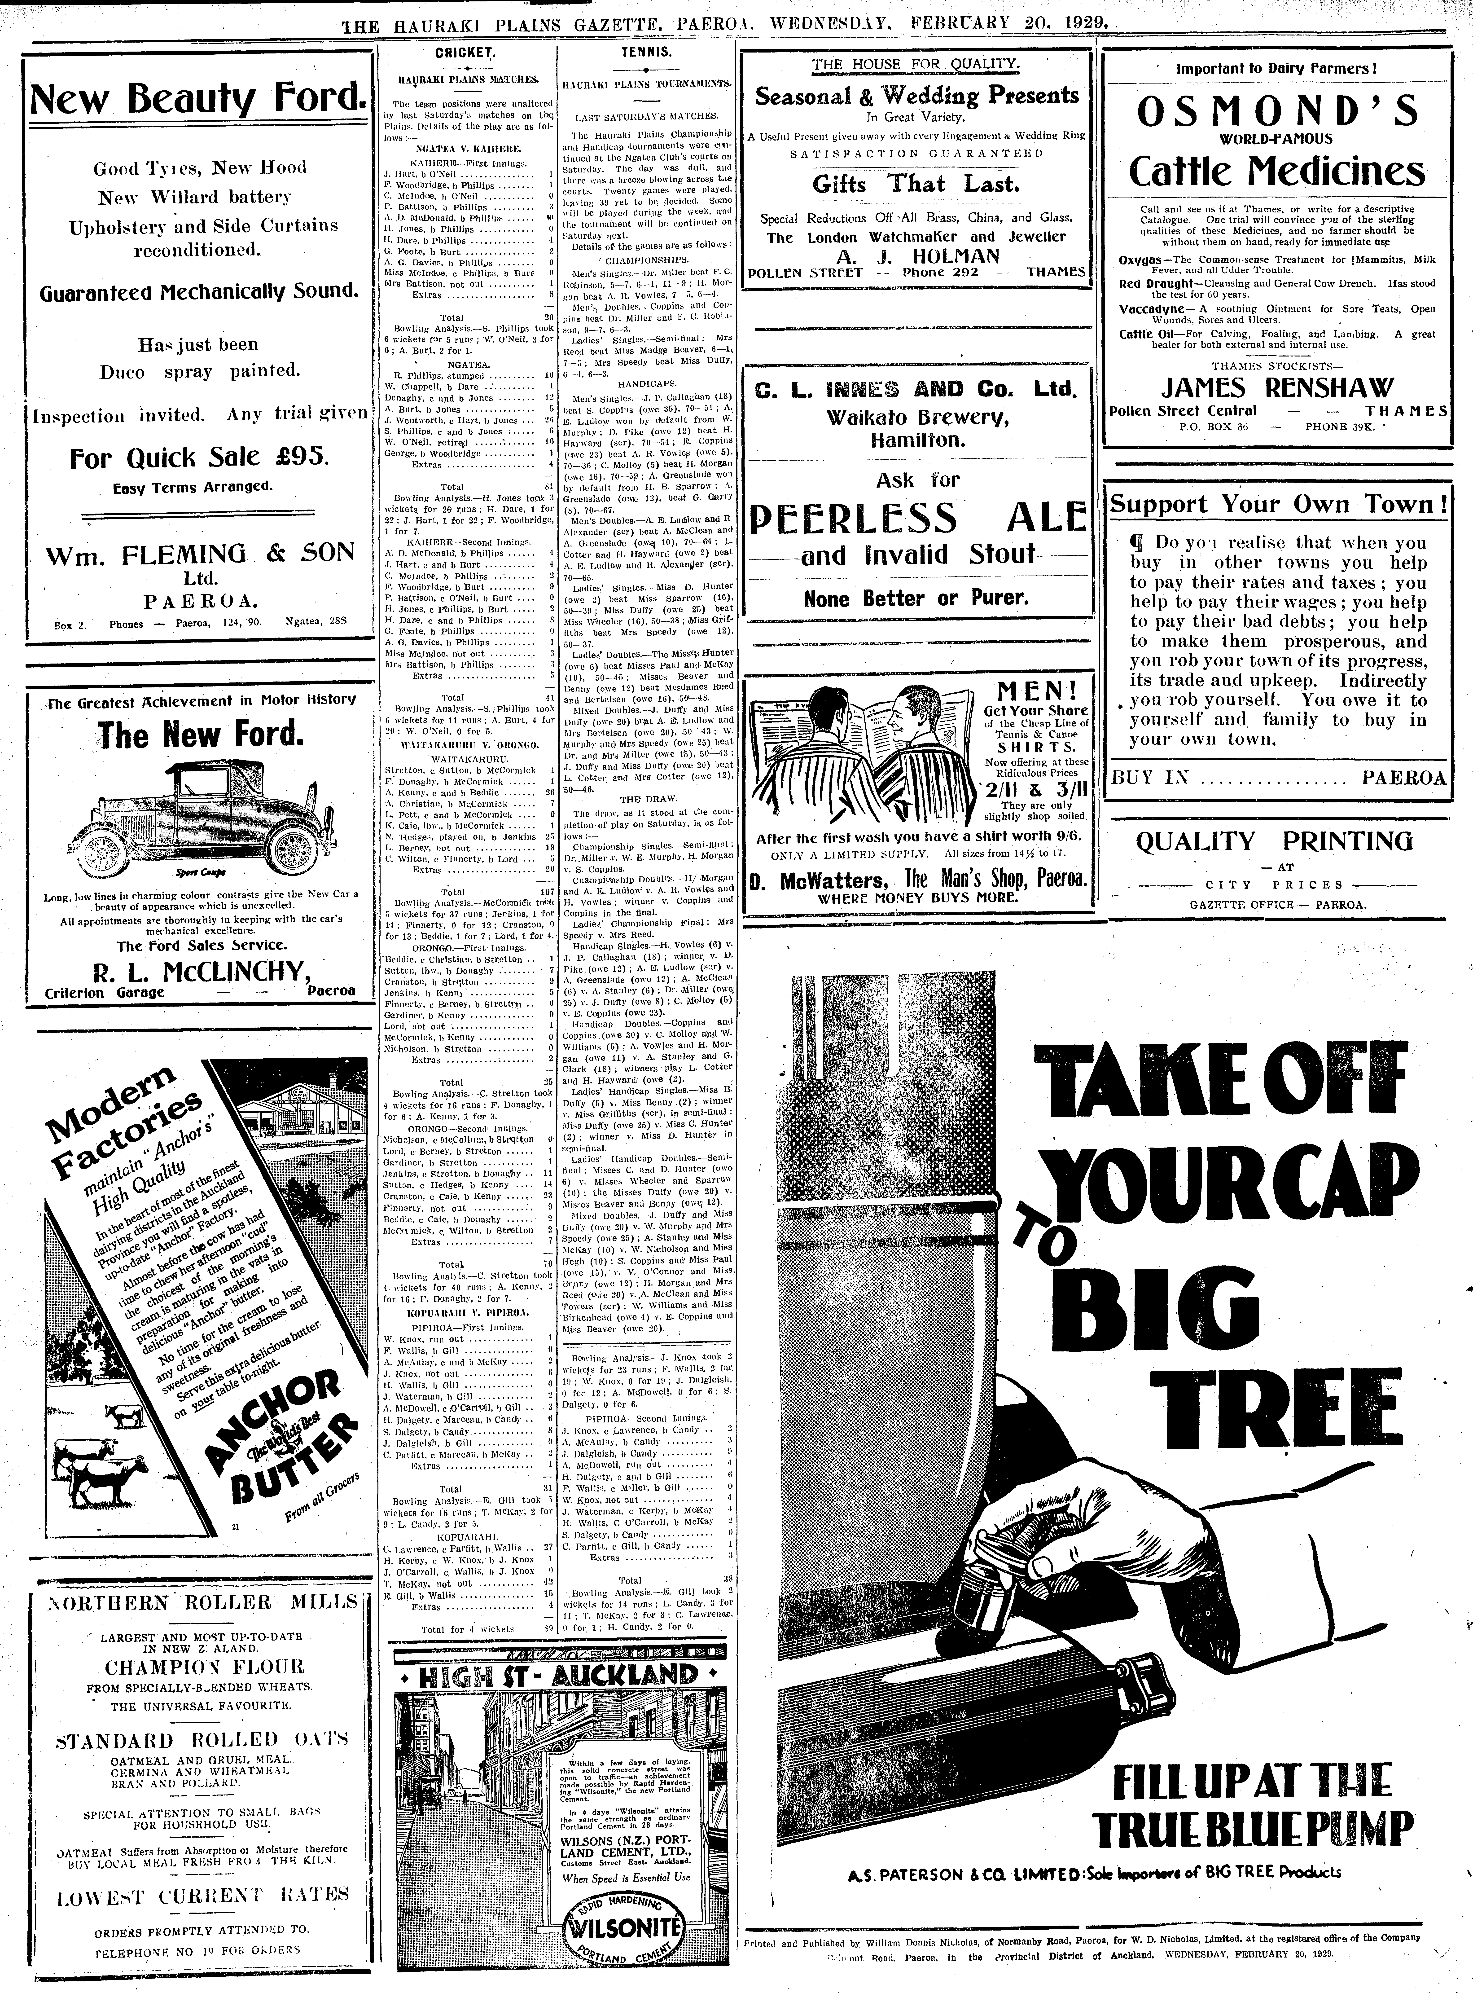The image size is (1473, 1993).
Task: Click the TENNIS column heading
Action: (646, 53)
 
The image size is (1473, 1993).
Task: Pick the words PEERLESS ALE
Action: (918, 517)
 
